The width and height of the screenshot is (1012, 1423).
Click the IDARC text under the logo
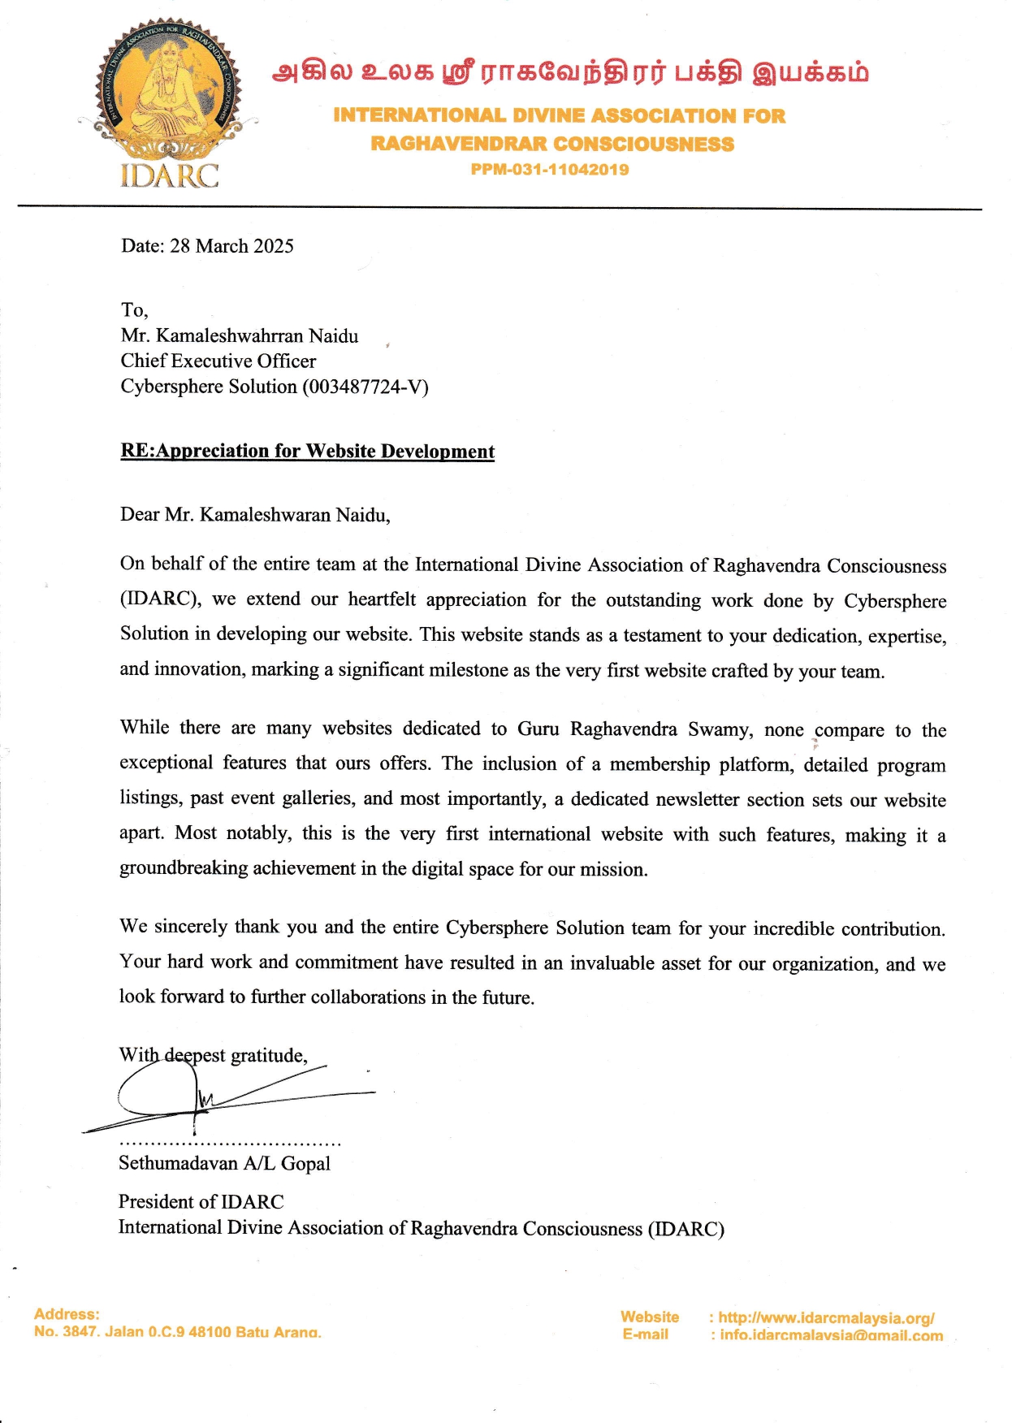tap(169, 175)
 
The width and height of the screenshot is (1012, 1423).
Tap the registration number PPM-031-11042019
tap(550, 170)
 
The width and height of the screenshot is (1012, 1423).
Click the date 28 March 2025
tap(231, 246)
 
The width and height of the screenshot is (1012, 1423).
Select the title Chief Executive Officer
tap(218, 361)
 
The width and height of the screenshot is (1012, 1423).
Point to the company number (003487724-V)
tap(365, 387)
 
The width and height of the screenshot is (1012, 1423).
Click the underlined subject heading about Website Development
tap(307, 452)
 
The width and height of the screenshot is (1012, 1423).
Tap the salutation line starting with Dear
tap(255, 515)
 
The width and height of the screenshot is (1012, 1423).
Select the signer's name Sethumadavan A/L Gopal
tap(224, 1163)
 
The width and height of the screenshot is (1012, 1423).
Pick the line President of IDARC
tap(201, 1201)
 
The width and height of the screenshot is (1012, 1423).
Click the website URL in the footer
tap(826, 1317)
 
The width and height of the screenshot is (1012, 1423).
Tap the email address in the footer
tap(831, 1335)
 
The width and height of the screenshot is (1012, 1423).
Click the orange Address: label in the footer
tap(67, 1313)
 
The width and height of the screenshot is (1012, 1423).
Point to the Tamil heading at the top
tap(570, 73)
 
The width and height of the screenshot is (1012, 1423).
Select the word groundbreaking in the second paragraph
tap(184, 868)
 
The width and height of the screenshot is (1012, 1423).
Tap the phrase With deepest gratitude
tap(213, 1055)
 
